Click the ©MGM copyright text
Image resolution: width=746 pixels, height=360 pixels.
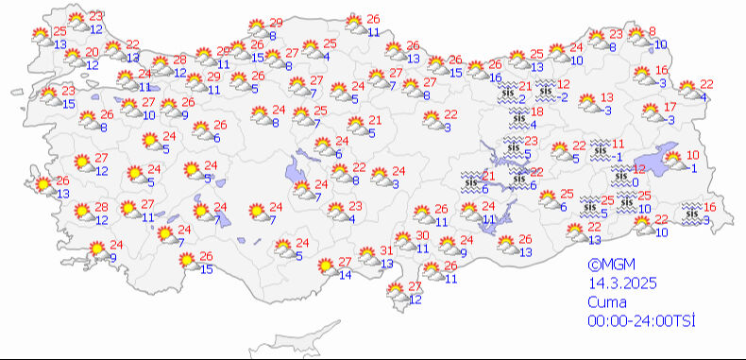pos(605,266)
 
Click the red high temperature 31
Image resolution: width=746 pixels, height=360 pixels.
pos(386,250)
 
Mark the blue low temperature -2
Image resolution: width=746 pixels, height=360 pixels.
pos(563,96)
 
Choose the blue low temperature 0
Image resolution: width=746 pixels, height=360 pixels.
pos(636,181)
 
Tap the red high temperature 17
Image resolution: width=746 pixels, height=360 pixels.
pos(670,107)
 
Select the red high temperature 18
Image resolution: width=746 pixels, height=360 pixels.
pos(536,111)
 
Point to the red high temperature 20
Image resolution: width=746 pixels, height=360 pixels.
pos(92,52)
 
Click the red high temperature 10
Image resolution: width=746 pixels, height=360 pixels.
pos(692,155)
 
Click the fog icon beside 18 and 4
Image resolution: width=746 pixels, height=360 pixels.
pos(517,117)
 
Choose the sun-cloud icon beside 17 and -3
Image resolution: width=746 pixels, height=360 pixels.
pos(651,112)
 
